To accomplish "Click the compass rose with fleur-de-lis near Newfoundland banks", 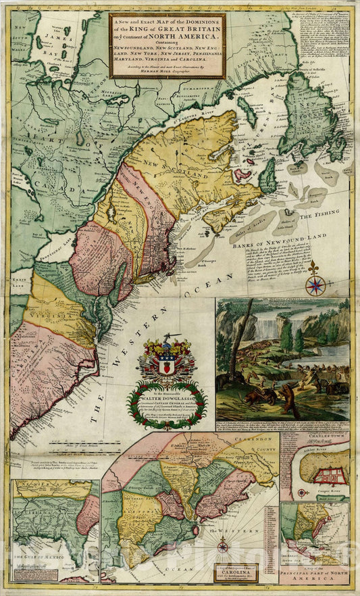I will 315,283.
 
